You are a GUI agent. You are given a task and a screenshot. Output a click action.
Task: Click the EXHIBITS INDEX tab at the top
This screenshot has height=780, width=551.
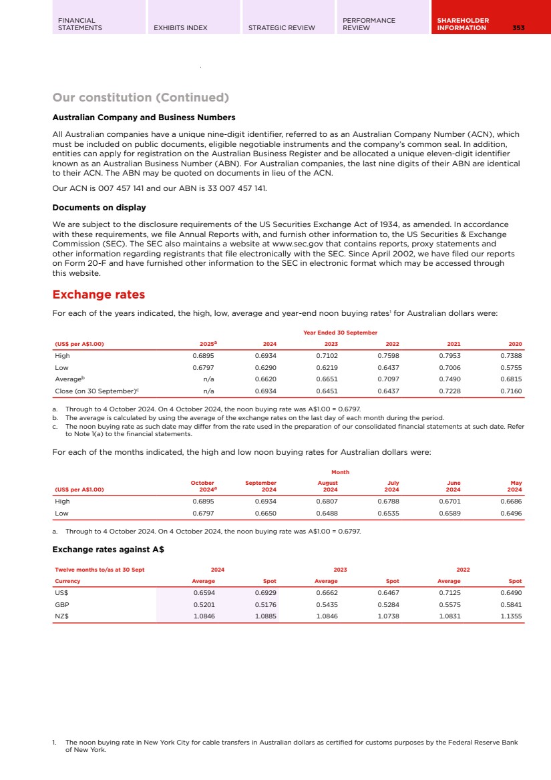pyautogui.click(x=180, y=28)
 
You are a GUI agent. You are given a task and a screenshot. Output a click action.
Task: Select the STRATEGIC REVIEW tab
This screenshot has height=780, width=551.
pyautogui.click(x=281, y=28)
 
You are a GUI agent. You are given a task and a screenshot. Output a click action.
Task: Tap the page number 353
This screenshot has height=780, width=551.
pyautogui.click(x=518, y=28)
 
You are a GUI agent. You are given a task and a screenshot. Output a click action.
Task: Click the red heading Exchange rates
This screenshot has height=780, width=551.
pyautogui.click(x=98, y=295)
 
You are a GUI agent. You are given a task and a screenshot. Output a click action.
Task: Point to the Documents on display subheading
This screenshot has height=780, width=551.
pyautogui.click(x=99, y=208)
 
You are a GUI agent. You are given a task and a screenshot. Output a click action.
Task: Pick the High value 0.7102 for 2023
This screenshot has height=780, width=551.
pyautogui.click(x=327, y=356)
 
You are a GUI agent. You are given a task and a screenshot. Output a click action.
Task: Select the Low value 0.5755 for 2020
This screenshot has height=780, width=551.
pyautogui.click(x=511, y=367)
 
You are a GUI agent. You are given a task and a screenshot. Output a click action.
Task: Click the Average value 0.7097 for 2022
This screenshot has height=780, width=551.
pyautogui.click(x=388, y=379)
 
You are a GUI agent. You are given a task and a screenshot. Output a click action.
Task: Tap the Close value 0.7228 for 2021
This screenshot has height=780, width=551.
pyautogui.click(x=449, y=391)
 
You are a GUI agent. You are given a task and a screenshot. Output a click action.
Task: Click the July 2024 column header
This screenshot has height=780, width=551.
pyautogui.click(x=391, y=485)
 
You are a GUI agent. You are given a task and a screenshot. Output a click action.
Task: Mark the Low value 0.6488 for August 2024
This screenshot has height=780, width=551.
pyautogui.click(x=327, y=514)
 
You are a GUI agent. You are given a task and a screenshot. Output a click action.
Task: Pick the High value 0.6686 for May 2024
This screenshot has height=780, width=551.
pyautogui.click(x=511, y=500)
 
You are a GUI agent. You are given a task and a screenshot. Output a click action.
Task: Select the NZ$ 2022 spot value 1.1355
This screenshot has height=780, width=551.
pyautogui.click(x=511, y=616)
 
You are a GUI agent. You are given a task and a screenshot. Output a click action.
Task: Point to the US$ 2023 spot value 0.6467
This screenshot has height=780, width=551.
pyautogui.click(x=388, y=592)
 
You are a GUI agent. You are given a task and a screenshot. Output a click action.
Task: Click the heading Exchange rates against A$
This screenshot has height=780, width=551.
pyautogui.click(x=108, y=550)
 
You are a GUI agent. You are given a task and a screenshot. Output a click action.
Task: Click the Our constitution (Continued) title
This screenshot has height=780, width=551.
pyautogui.click(x=140, y=97)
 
